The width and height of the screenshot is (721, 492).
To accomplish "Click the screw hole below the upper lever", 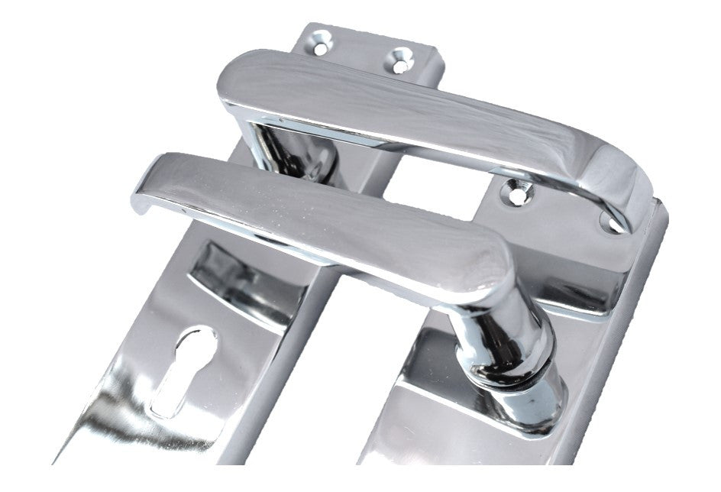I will (516, 194).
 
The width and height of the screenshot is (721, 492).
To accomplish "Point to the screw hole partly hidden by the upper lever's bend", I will (609, 222).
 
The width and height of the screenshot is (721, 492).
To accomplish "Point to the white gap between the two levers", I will (428, 183).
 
